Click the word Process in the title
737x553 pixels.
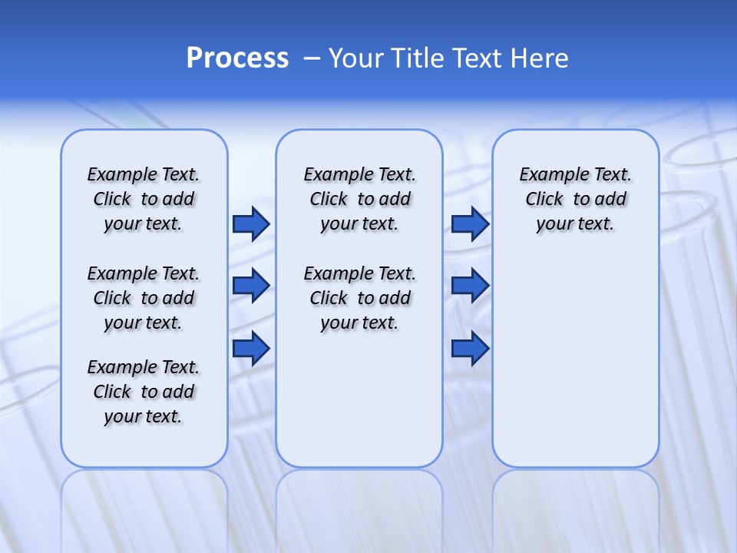[237, 58]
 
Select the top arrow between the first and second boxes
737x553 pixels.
[251, 224]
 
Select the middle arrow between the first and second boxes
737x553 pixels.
[251, 286]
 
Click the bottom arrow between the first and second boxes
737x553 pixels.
[251, 349]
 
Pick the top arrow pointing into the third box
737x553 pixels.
[470, 224]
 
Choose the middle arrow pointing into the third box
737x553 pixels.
[470, 286]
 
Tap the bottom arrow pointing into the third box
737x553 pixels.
[470, 349]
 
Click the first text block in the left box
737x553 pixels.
[144, 199]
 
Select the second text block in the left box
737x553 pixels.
[144, 298]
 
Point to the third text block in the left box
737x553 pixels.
[144, 392]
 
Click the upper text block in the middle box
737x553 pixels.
[359, 199]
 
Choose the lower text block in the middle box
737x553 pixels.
[359, 298]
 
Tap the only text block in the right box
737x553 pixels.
[576, 199]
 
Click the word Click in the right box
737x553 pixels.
[544, 199]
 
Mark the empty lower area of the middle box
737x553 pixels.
[359, 399]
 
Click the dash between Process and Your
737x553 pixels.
[312, 58]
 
